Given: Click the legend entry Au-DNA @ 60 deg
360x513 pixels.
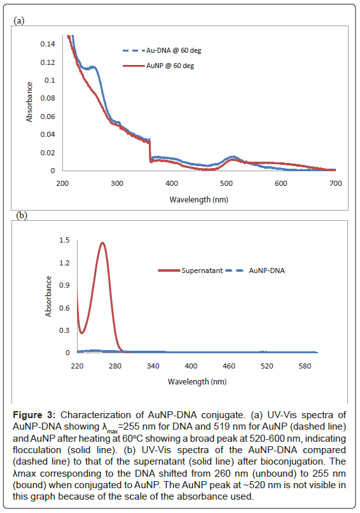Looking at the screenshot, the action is point(162,50).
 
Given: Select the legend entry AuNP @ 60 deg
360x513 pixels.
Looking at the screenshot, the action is point(158,66).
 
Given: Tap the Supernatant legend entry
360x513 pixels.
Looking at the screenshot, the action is point(190,271).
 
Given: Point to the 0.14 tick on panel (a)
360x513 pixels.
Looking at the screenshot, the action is point(48,44).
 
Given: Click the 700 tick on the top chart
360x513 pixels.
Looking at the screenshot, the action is point(335,183).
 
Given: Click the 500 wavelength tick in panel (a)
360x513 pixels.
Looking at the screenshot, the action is point(226,183).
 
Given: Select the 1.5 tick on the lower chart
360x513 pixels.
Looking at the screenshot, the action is point(64,240).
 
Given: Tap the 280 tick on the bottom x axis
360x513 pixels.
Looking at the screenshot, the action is point(115,366).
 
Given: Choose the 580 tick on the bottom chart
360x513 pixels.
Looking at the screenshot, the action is point(305,366).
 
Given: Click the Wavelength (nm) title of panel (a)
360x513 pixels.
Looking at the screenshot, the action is point(199,200).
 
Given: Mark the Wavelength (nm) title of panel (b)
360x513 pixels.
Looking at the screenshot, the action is point(197,381).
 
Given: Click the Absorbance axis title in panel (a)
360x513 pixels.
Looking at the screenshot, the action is point(29,102).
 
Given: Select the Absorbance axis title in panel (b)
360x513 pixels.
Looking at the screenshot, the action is point(48,297).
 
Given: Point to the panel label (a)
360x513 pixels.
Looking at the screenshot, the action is point(19,20).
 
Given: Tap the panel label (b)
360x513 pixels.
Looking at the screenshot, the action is point(22,215).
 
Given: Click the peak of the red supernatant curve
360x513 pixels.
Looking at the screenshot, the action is point(102,242).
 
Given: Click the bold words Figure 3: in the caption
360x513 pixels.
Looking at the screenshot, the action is point(34,415).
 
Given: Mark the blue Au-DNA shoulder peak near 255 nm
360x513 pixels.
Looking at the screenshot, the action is point(93,67).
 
